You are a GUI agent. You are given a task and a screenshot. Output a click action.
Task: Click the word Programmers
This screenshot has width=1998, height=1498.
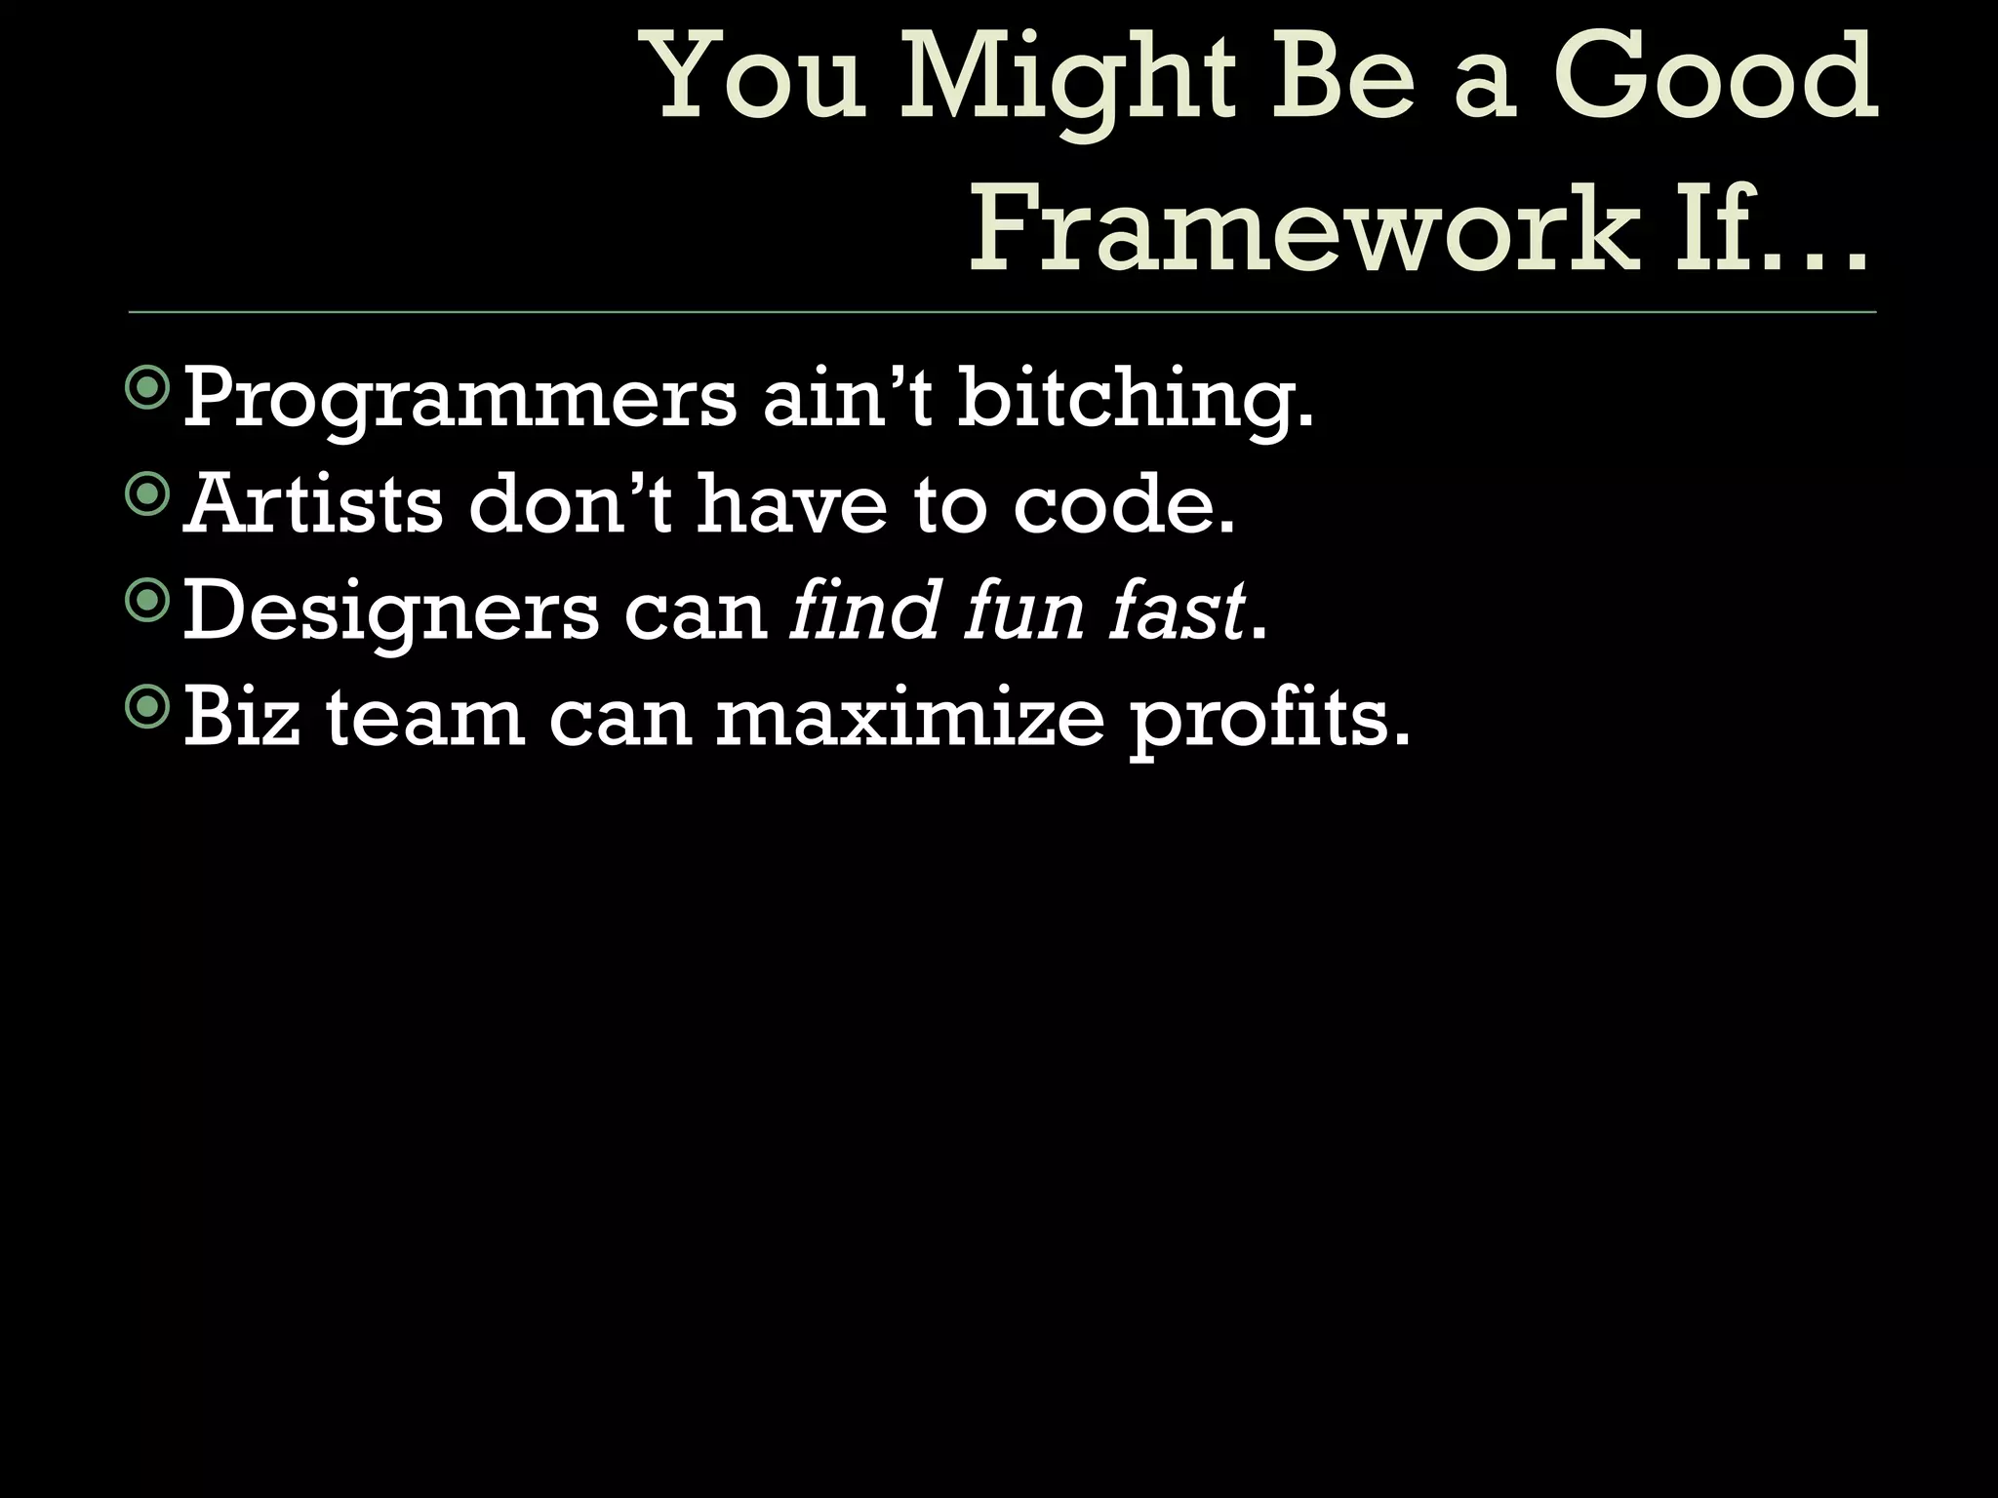[x=460, y=400]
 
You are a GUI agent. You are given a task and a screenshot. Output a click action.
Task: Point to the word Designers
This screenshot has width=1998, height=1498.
[x=390, y=612]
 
